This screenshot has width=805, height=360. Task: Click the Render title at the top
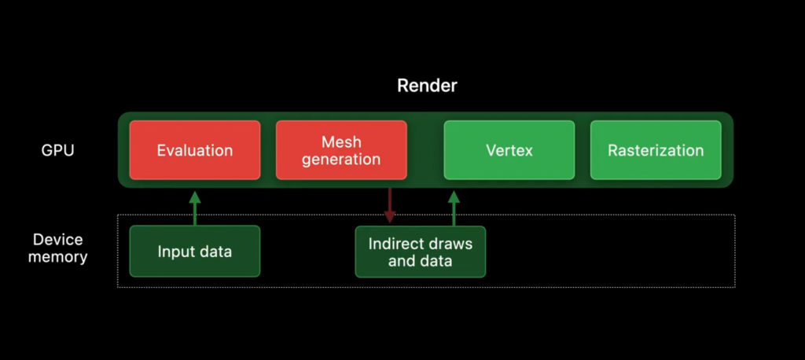[427, 86]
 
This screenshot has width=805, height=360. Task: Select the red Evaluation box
[194, 150]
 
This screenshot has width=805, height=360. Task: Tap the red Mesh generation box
[341, 150]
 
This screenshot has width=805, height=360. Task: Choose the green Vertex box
[509, 150]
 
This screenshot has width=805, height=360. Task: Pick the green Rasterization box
[656, 150]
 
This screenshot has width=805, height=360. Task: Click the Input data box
[194, 252]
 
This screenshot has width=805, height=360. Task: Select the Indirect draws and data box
[421, 252]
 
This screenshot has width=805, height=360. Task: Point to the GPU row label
[58, 150]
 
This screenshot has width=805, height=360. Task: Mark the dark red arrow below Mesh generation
[389, 205]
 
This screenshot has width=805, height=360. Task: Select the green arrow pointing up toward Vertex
[454, 208]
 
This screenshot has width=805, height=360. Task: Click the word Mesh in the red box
[341, 142]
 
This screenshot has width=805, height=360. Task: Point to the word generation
[341, 159]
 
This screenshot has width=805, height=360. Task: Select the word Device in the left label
[58, 240]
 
